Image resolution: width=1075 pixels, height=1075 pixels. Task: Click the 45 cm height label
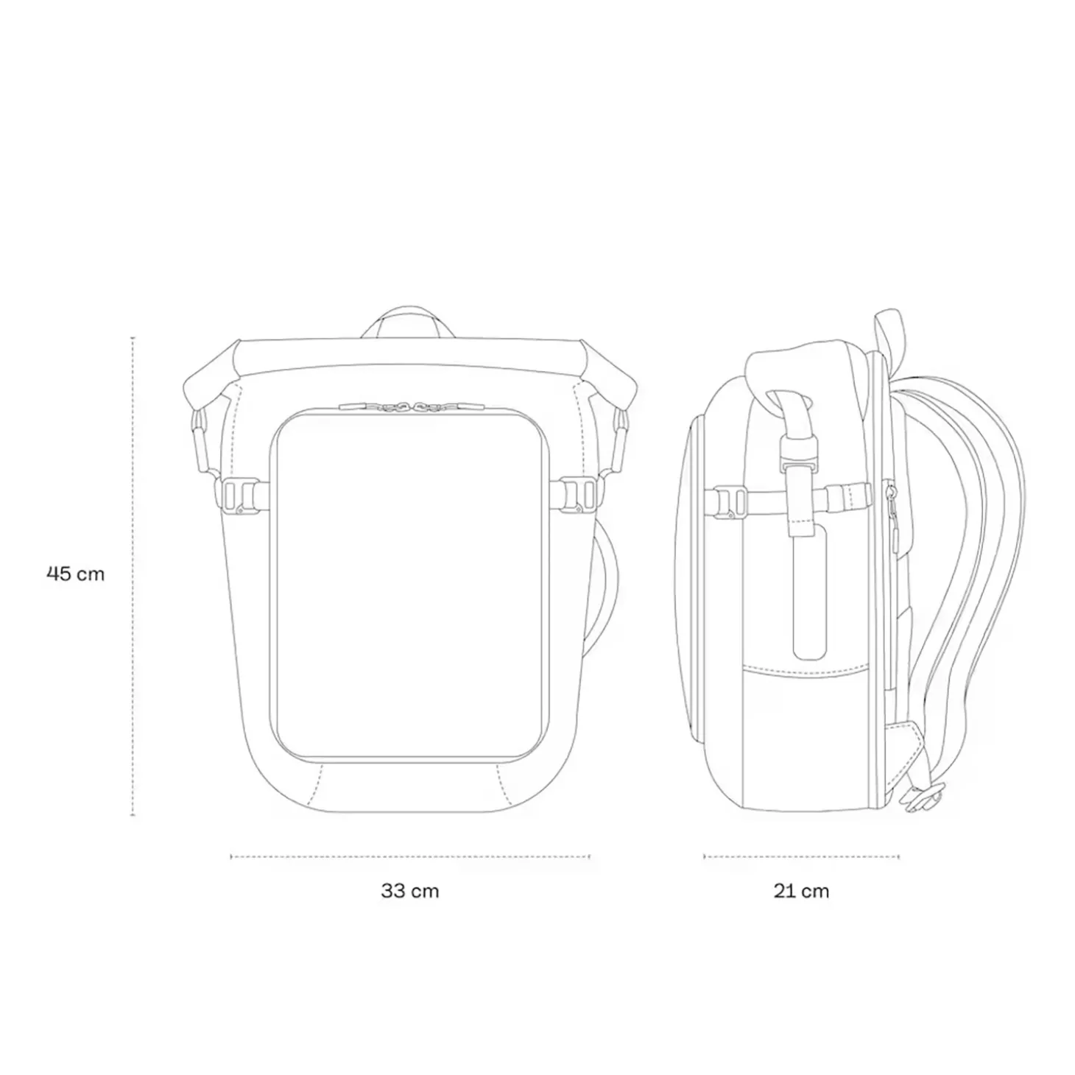pyautogui.click(x=76, y=574)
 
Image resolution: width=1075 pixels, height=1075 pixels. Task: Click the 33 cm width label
pyautogui.click(x=410, y=891)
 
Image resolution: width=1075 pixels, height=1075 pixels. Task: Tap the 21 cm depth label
pyautogui.click(x=801, y=891)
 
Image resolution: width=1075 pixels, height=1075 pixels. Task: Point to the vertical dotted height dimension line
pyautogui.click(x=133, y=577)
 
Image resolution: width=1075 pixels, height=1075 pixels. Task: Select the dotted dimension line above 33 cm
pyautogui.click(x=410, y=856)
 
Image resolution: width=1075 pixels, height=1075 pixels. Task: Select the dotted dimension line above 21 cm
pyautogui.click(x=801, y=856)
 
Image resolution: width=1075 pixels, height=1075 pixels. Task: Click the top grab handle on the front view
pyautogui.click(x=409, y=321)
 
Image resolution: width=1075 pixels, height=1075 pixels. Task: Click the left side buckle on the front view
pyautogui.click(x=241, y=494)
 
